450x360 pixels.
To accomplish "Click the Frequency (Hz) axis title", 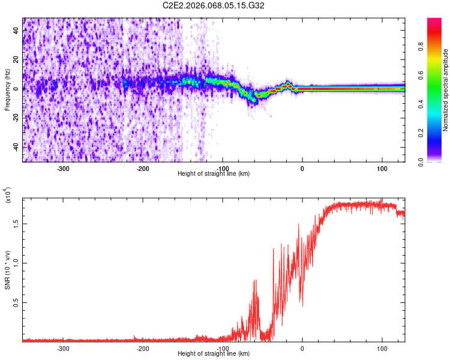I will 7,90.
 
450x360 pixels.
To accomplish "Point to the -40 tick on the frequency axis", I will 15,146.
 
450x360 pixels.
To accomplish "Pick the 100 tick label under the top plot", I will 382,168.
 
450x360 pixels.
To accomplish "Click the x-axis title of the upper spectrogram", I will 214,174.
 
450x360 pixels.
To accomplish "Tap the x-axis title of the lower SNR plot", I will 214,354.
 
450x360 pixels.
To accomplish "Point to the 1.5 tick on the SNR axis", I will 16,223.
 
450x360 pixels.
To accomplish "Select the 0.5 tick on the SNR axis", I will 16,303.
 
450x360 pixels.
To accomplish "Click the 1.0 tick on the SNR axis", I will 16,263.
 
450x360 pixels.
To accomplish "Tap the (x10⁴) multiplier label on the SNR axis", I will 7,196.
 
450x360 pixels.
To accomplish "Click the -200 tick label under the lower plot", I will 143,348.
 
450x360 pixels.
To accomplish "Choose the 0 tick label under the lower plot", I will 302,348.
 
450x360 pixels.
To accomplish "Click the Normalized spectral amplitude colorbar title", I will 446,90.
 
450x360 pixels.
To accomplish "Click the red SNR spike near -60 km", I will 256,282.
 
